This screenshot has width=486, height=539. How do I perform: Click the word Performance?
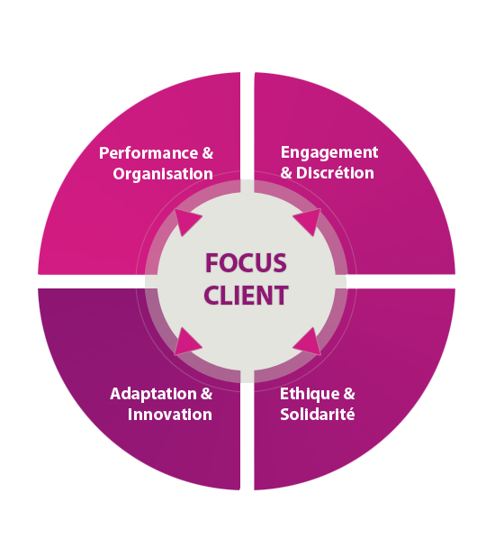click(x=148, y=153)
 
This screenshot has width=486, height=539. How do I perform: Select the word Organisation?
click(x=163, y=174)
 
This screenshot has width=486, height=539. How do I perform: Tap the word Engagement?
click(x=329, y=153)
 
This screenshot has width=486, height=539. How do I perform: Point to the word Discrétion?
click(x=335, y=173)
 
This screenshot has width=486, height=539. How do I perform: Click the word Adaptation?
click(x=153, y=395)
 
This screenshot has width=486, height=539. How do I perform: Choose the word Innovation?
click(x=170, y=415)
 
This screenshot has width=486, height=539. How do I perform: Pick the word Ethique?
click(x=310, y=395)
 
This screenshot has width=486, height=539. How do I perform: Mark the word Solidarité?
click(x=318, y=415)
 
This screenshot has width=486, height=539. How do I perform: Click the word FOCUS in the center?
click(x=246, y=263)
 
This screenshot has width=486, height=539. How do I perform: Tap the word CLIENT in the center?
click(x=246, y=296)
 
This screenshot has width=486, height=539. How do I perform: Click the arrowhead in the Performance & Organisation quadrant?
click(x=186, y=222)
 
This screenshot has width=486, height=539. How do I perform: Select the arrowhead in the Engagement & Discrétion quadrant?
click(x=308, y=221)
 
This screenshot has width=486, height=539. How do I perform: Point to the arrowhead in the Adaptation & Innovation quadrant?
click(x=186, y=343)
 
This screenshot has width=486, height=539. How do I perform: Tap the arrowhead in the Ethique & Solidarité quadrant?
click(x=308, y=343)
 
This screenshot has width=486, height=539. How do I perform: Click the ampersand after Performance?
click(x=208, y=153)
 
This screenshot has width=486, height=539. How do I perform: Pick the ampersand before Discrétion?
click(x=286, y=173)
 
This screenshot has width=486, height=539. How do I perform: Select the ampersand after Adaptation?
click(x=207, y=394)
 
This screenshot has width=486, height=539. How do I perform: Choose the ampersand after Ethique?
click(x=349, y=394)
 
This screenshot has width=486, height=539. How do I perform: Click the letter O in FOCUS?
click(x=228, y=263)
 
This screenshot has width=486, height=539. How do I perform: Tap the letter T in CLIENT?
click(x=280, y=296)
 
